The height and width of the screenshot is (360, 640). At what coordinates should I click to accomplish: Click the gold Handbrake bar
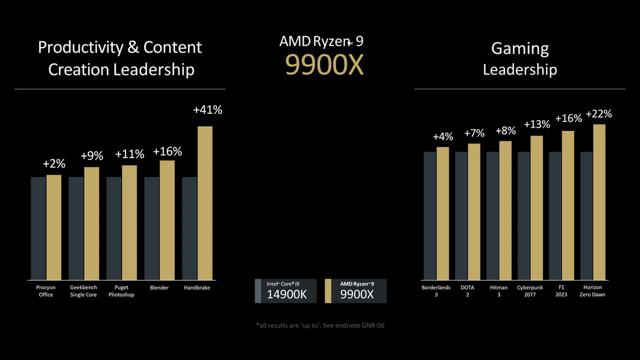click(x=205, y=203)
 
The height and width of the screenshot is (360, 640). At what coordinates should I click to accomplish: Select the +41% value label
click(x=208, y=110)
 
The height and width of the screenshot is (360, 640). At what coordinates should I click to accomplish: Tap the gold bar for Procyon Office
click(x=54, y=228)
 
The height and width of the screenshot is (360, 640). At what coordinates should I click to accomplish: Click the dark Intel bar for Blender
click(x=152, y=229)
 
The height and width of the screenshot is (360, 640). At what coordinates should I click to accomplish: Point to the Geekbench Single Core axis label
click(x=83, y=291)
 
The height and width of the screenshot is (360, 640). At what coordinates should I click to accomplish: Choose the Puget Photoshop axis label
click(x=121, y=291)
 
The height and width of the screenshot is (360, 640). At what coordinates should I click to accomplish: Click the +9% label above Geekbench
click(x=92, y=156)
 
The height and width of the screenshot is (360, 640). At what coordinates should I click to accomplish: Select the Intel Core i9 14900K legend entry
click(x=286, y=291)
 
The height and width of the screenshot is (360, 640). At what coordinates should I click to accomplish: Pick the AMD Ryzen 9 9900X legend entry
click(x=356, y=291)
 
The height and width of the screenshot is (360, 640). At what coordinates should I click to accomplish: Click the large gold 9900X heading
click(x=324, y=65)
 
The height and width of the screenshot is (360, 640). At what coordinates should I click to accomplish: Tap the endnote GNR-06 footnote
click(x=320, y=325)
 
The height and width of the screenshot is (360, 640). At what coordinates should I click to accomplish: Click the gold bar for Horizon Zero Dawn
click(x=599, y=202)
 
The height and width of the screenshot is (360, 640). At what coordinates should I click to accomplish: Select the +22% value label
click(x=599, y=114)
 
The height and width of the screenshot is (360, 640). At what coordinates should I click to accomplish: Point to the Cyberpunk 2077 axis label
click(x=530, y=291)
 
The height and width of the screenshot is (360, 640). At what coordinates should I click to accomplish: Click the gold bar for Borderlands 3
click(x=443, y=214)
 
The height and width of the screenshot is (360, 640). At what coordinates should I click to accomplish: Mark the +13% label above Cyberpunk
click(x=537, y=124)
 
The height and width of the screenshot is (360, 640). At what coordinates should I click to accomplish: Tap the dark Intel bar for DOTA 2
click(x=461, y=216)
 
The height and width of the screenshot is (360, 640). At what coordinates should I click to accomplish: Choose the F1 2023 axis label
click(x=561, y=291)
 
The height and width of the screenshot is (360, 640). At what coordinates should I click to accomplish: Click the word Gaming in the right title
click(x=520, y=49)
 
